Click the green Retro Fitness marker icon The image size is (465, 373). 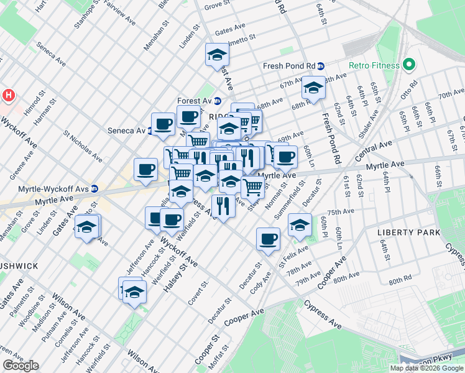coord(408,65)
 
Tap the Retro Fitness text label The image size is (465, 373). coord(372,65)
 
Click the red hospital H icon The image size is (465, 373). coord(8,96)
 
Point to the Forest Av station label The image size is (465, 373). coord(195,101)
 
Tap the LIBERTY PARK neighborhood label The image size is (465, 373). coord(408,233)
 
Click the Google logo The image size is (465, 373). coord(21,366)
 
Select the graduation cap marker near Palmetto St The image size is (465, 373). coord(217,55)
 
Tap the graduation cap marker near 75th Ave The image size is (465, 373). coord(300,225)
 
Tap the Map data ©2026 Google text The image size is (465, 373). coord(426,368)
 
